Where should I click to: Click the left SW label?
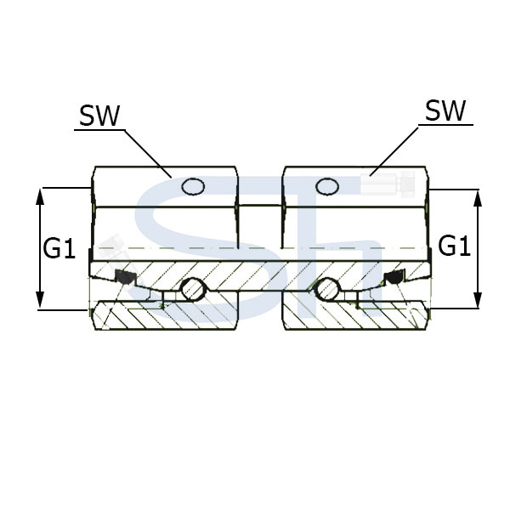tap(99, 116)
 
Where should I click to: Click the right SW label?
tap(445, 110)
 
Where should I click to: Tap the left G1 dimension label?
tap(59, 248)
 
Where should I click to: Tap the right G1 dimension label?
tap(454, 246)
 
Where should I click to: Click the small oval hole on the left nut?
tap(193, 187)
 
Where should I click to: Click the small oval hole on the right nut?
tap(327, 187)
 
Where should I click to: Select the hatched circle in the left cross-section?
tap(193, 289)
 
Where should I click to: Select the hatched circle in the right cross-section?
tap(328, 289)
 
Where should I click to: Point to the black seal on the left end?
tap(125, 275)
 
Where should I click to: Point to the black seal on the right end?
tap(394, 275)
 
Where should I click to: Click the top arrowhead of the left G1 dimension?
tap(40, 196)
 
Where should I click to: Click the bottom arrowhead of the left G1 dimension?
tap(40, 299)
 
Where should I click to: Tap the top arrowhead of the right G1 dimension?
tap(477, 198)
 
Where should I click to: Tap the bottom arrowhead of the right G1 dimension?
tap(477, 300)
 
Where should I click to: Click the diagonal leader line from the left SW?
tap(148, 154)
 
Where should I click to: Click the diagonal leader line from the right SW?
tap(394, 151)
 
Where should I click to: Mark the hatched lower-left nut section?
tap(166, 314)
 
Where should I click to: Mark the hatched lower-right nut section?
tap(355, 314)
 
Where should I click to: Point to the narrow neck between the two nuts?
tap(260, 227)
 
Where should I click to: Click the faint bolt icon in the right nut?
tap(388, 184)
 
